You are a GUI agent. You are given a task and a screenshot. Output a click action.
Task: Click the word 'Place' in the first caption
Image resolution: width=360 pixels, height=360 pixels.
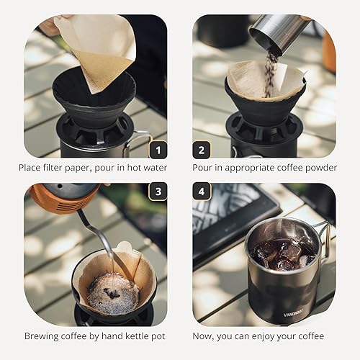click(32, 168)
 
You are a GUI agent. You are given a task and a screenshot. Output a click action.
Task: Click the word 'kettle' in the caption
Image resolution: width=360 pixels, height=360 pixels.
click(130, 336)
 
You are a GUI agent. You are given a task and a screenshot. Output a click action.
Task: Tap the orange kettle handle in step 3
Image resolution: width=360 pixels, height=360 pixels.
click(54, 199)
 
